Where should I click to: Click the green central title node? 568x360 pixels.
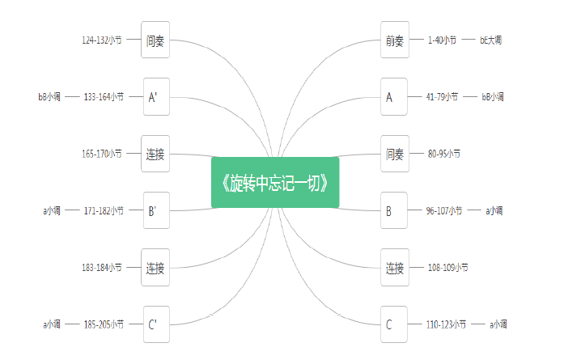[x=275, y=182]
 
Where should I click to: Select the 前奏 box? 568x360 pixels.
[x=395, y=40]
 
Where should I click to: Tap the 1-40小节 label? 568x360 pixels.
[x=442, y=40]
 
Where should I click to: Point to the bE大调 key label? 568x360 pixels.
[x=491, y=40]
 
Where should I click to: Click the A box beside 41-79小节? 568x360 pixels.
[x=394, y=97]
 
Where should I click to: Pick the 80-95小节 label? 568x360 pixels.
[x=444, y=154]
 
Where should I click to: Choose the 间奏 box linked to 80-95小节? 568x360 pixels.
[x=395, y=154]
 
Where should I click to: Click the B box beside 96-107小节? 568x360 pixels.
[x=394, y=210]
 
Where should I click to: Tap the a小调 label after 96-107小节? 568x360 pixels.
[x=494, y=210]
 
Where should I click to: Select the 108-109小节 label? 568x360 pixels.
[x=448, y=268]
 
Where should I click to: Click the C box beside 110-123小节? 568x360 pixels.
[x=394, y=324]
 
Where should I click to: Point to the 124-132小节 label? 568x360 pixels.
[x=102, y=40]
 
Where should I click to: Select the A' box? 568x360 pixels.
[x=156, y=97]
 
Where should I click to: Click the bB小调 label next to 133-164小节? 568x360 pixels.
[x=49, y=97]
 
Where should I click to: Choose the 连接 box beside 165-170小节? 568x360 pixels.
[x=155, y=154]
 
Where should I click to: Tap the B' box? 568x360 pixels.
[x=156, y=210]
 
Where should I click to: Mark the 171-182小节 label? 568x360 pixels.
[x=104, y=210]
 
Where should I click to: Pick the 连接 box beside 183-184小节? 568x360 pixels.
[x=155, y=268]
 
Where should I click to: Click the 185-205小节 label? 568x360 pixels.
[x=104, y=324]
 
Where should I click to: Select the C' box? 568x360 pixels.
[x=156, y=324]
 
